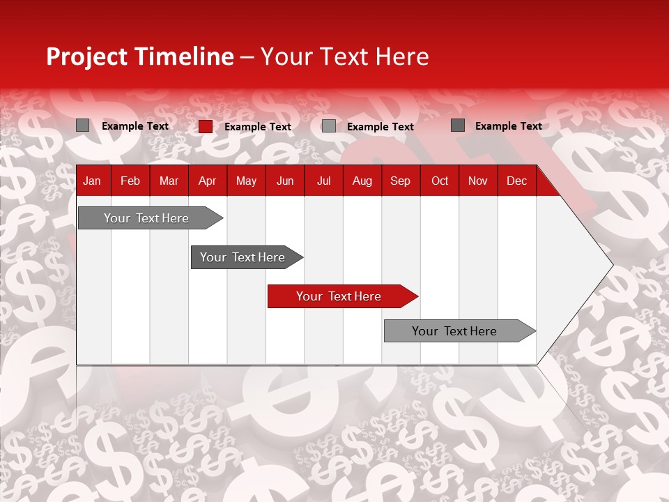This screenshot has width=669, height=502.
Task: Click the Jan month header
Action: pos(92,181)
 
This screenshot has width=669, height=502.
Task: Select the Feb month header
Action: pos(130,181)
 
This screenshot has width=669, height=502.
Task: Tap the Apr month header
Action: pos(208,181)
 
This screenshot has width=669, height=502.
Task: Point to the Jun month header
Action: pos(285,181)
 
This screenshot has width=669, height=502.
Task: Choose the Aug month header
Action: pos(362,181)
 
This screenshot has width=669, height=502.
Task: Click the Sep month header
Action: pos(401,181)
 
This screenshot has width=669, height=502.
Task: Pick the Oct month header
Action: pos(440,181)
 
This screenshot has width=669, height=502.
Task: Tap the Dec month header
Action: pos(517,181)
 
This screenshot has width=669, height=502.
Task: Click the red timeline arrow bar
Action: pos(341,296)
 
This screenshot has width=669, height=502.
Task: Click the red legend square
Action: pos(206,126)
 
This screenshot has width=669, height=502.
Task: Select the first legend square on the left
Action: pos(83,125)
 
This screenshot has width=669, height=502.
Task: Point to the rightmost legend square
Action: pos(458,125)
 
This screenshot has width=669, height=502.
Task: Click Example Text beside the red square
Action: pos(258,127)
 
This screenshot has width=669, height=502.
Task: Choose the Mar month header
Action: pos(169,181)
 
